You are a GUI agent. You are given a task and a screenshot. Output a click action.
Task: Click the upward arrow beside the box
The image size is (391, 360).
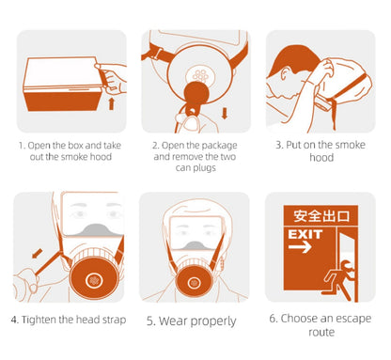click(x=111, y=103)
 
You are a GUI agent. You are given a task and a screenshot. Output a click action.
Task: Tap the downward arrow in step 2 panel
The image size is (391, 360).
click(x=225, y=113)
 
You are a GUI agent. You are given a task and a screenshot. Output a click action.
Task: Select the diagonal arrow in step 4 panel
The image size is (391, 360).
click(x=38, y=253)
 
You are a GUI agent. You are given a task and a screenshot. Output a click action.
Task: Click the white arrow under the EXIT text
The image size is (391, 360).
click(x=300, y=247)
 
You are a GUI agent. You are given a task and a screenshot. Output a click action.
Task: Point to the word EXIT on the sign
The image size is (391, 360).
click(x=305, y=234)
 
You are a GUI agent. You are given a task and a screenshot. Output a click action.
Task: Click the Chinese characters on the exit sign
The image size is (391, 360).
click(x=321, y=216)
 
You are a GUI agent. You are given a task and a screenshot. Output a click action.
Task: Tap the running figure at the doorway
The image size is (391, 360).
click(x=339, y=279)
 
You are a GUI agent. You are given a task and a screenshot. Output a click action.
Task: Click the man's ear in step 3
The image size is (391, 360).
click(x=285, y=74)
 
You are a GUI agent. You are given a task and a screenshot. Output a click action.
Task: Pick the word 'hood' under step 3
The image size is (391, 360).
click(x=321, y=157)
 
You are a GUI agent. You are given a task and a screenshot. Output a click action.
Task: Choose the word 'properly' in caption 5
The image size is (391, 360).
click(x=213, y=321)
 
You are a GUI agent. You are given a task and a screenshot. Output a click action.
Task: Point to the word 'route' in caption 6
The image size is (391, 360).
click(x=321, y=332)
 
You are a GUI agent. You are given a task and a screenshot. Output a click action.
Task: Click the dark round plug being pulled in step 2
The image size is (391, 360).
click(x=195, y=93)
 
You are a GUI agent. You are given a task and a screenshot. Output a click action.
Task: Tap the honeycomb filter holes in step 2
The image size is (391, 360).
click(x=200, y=75)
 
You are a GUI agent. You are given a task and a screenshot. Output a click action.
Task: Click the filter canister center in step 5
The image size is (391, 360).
click(x=194, y=283)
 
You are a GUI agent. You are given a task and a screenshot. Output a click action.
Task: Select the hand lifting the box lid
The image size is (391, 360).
click(x=110, y=78)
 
